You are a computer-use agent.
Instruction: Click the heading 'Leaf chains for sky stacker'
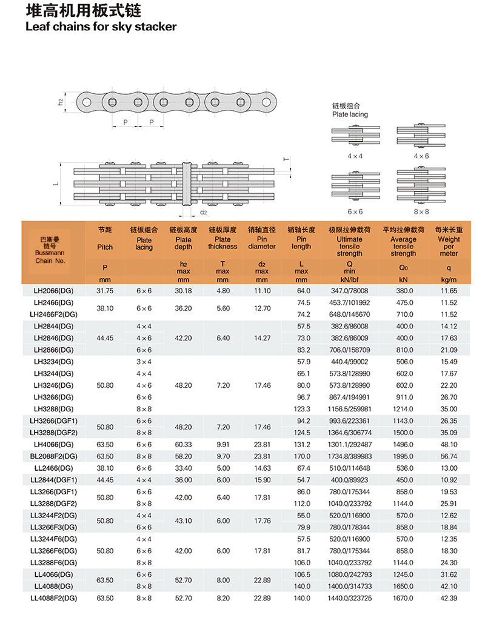[101, 27]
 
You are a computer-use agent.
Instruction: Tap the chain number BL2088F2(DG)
[54, 456]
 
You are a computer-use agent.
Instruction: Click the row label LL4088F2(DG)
[54, 598]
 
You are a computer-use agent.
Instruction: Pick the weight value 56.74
[449, 456]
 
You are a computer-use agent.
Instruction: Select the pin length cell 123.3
[303, 409]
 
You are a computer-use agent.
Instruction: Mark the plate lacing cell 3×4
[144, 362]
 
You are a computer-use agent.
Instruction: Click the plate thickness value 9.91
[222, 444]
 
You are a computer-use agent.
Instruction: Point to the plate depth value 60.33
[183, 444]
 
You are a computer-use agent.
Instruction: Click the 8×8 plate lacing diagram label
[421, 211]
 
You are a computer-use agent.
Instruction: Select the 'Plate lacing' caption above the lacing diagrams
[350, 114]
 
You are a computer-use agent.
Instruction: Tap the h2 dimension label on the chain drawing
[61, 102]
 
